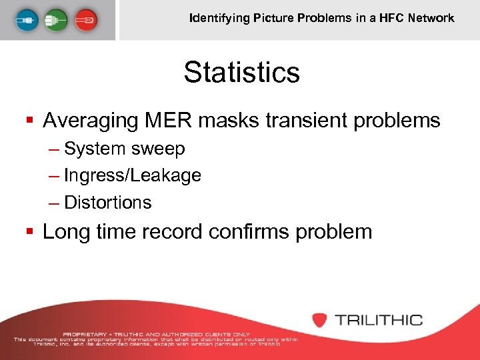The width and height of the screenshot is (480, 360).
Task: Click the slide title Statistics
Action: pyautogui.click(x=242, y=72)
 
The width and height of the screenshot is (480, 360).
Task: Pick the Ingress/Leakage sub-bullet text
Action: pyautogui.click(x=133, y=175)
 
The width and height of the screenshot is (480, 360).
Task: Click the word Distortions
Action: pyautogui.click(x=108, y=202)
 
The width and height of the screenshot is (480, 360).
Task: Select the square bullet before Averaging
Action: pyautogui.click(x=29, y=121)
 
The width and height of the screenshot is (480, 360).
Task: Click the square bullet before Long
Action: pyautogui.click(x=29, y=233)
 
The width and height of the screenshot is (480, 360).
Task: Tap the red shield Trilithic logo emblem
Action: pyautogui.click(x=320, y=319)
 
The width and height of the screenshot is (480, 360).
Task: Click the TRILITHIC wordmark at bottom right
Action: pyautogui.click(x=379, y=319)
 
